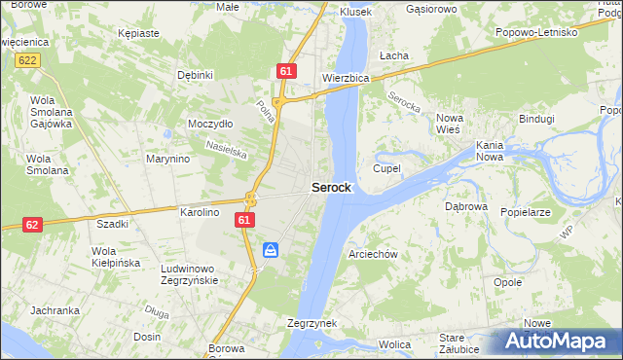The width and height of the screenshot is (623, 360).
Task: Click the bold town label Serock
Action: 331,188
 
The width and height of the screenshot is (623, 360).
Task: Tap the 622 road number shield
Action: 27,60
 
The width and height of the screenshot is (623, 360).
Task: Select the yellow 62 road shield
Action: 32,224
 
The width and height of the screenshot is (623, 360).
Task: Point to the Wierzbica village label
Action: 346,79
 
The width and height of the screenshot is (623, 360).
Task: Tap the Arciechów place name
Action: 373,254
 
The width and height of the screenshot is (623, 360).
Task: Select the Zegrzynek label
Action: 312,322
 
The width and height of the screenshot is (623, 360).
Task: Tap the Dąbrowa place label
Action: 465,206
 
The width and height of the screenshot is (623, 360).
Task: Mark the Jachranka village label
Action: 55,310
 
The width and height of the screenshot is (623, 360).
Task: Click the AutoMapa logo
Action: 561,342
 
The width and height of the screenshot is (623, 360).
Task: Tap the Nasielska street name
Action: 225,148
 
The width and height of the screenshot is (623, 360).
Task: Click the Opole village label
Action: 508,282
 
